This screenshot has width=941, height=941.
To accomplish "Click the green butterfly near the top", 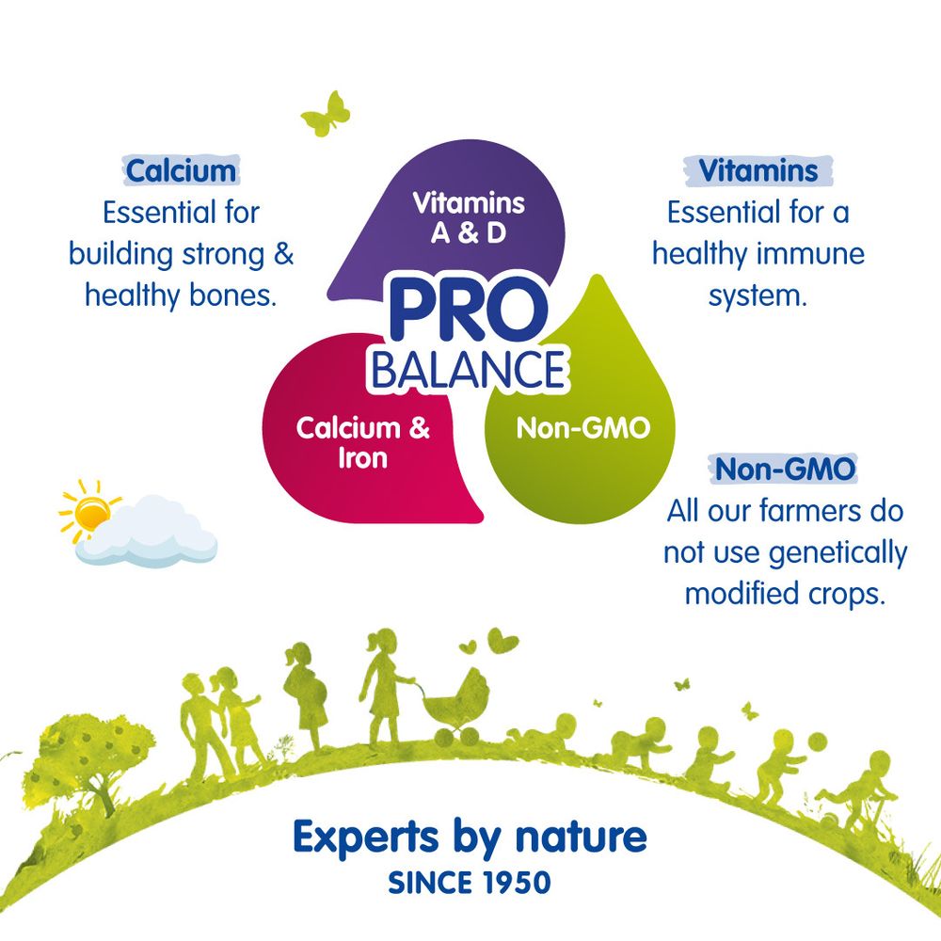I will click(x=326, y=114).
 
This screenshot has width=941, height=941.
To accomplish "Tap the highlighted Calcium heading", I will click(x=180, y=170).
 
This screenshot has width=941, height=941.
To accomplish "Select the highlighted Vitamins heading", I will click(x=758, y=170).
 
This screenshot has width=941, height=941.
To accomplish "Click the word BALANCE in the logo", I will click(x=468, y=370).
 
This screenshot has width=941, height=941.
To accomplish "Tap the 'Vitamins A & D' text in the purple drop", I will click(x=469, y=217).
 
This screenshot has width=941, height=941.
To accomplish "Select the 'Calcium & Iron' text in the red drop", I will click(x=362, y=442).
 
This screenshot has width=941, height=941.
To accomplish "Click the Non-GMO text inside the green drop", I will click(x=582, y=429).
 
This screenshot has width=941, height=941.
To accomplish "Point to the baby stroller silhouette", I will click(x=456, y=701).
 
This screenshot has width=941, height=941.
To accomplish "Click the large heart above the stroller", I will click(x=504, y=641).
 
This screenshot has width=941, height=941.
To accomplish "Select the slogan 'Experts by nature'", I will click(x=470, y=835).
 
